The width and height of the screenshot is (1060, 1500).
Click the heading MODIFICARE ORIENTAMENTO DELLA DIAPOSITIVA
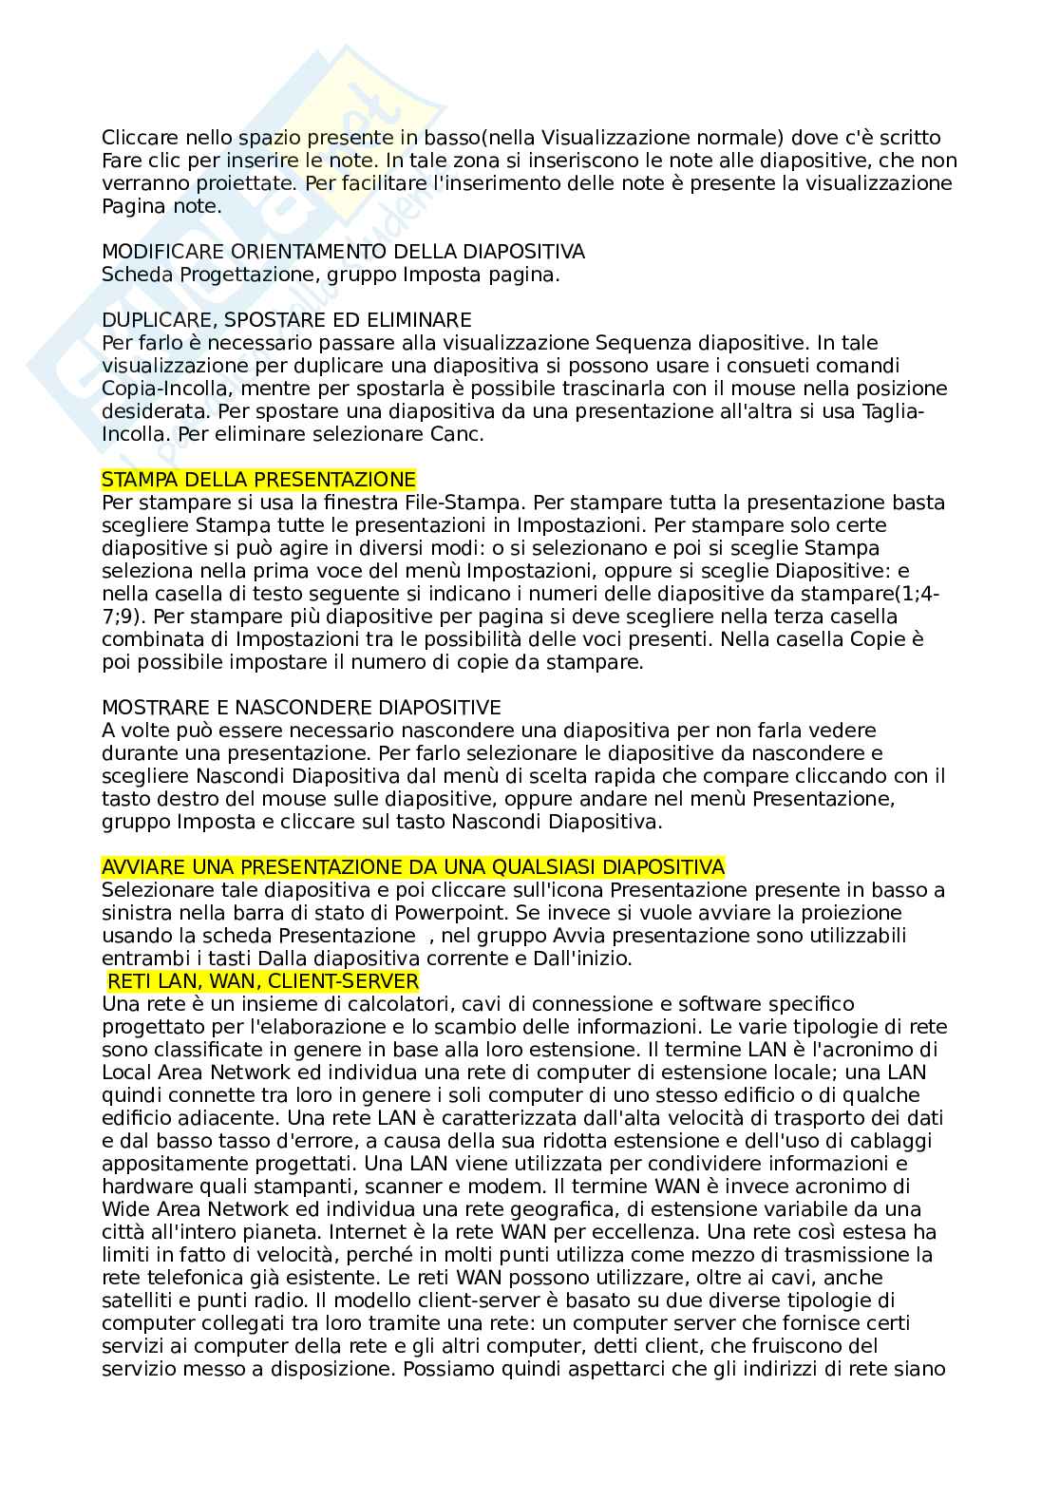pyautogui.click(x=343, y=252)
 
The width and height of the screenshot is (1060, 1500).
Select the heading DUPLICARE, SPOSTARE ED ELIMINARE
pyautogui.click(x=286, y=320)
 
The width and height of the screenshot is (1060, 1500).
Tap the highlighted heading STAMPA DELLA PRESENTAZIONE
pyautogui.click(x=258, y=480)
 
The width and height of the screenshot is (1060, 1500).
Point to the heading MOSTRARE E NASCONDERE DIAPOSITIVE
pyautogui.click(x=301, y=708)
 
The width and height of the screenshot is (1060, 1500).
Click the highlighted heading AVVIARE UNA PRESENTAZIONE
pyautogui.click(x=412, y=867)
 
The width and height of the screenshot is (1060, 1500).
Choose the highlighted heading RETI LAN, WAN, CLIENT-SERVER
pyautogui.click(x=263, y=981)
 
